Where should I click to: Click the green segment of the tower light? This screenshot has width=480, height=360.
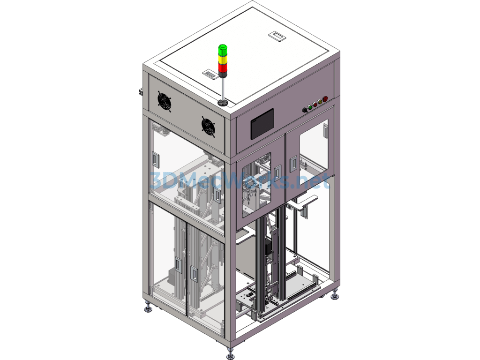point(223,50)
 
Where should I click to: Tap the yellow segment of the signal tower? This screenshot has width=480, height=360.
point(223,59)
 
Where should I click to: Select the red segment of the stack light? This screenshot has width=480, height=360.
point(223,67)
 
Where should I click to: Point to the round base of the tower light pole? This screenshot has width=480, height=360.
point(223,103)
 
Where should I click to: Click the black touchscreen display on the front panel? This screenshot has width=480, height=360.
point(262,124)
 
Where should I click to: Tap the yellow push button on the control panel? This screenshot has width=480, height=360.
point(320,101)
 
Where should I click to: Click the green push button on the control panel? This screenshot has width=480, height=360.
point(309,107)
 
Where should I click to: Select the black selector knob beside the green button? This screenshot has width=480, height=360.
point(304,110)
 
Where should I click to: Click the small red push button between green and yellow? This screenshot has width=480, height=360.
point(315,105)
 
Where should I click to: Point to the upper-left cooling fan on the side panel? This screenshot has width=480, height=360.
point(165,102)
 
